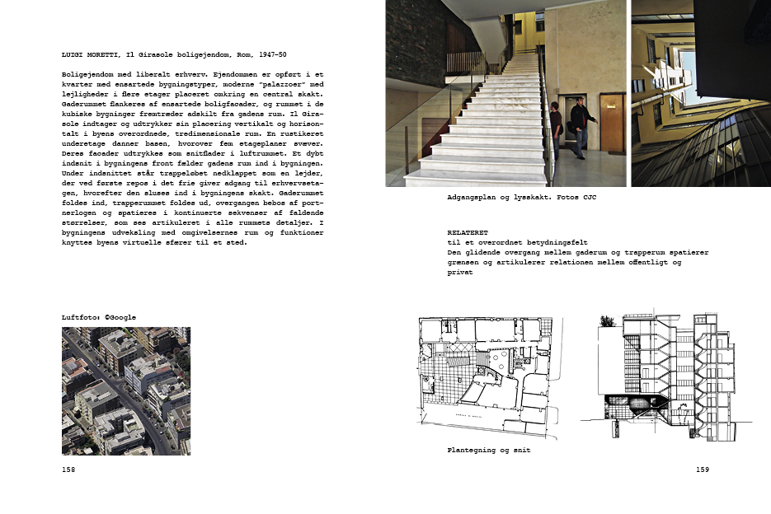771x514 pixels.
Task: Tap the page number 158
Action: click(68, 470)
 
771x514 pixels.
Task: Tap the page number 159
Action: click(702, 470)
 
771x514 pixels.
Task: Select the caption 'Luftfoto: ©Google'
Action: click(99, 317)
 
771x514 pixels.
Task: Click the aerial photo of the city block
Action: click(126, 390)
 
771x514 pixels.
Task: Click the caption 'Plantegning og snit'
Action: click(488, 451)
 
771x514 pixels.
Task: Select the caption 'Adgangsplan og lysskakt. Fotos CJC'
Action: click(515, 199)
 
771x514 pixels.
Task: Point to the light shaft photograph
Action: click(700, 93)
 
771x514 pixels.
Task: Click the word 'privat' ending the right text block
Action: click(460, 273)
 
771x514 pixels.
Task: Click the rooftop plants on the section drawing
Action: click(609, 321)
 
